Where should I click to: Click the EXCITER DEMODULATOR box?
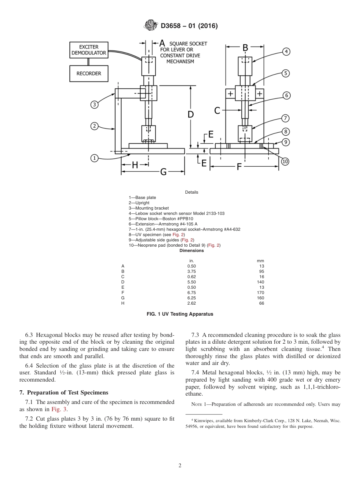[89, 50]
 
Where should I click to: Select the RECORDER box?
[89, 74]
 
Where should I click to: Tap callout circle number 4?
[286, 52]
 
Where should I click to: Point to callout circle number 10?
[285, 161]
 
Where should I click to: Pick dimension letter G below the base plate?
[163, 172]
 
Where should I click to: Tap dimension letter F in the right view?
[239, 167]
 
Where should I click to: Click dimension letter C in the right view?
[218, 110]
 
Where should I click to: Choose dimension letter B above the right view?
[245, 48]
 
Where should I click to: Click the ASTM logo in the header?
[150, 26]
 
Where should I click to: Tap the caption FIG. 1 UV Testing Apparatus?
[180, 314]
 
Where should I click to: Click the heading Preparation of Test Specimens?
[67, 392]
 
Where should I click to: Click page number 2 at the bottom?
[180, 466]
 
